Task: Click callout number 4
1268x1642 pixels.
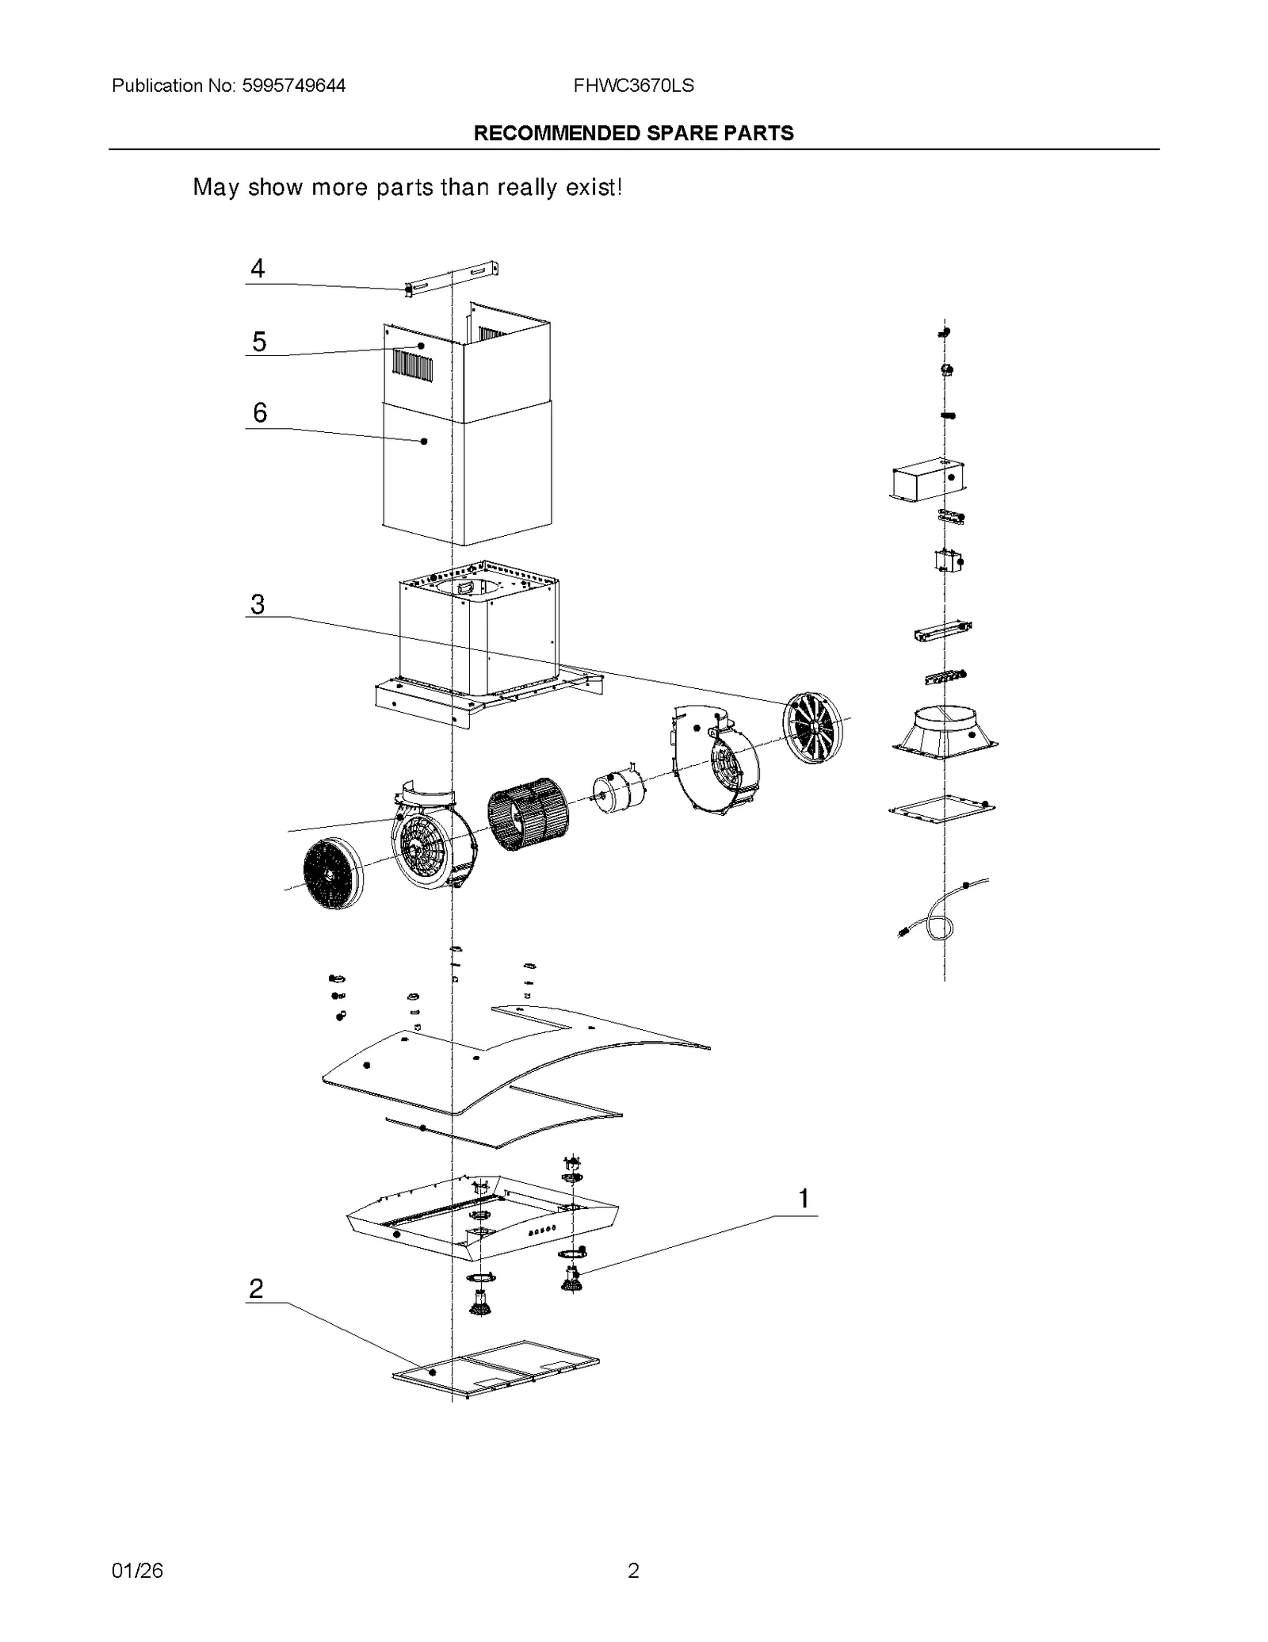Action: click(258, 269)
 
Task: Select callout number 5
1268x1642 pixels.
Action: click(259, 342)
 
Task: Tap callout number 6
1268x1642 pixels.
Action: click(260, 412)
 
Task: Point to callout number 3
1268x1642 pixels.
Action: click(258, 604)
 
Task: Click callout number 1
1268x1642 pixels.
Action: click(804, 1198)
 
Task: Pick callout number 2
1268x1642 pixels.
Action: click(255, 1288)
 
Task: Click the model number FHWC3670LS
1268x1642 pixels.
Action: click(633, 86)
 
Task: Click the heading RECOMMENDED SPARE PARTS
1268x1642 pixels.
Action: click(633, 133)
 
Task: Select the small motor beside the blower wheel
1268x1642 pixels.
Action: click(617, 795)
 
